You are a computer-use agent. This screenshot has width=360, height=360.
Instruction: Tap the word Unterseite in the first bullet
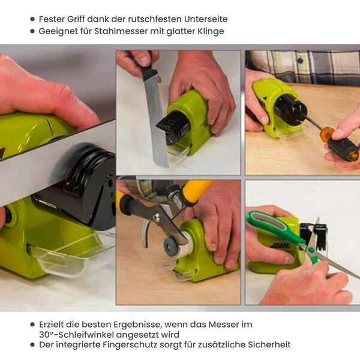(x=205, y=19)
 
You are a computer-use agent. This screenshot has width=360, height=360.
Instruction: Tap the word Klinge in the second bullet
(x=211, y=31)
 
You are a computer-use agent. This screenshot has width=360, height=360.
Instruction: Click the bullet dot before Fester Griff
(x=32, y=19)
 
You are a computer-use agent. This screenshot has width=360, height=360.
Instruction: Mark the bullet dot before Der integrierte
(x=32, y=344)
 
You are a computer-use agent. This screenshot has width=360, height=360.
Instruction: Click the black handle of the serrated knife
(x=149, y=70)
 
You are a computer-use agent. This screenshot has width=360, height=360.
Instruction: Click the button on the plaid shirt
(x=300, y=61)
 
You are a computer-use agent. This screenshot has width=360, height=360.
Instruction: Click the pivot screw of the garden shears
(x=157, y=216)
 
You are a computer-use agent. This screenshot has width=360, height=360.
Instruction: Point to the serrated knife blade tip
(x=164, y=166)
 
